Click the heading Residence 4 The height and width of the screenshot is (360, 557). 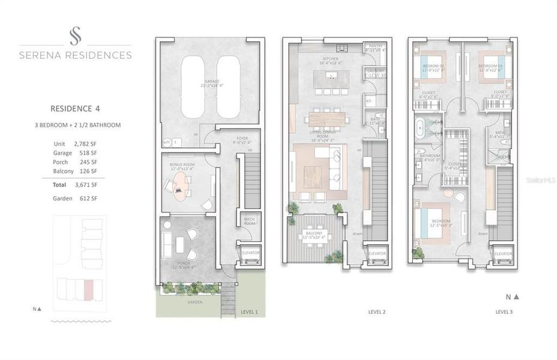coord(75,109)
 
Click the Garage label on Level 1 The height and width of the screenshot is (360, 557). coord(211,81)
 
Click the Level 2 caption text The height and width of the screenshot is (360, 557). coord(376,312)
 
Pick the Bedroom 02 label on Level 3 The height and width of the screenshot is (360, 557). coord(433,65)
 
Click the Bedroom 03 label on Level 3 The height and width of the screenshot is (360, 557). coord(491,65)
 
